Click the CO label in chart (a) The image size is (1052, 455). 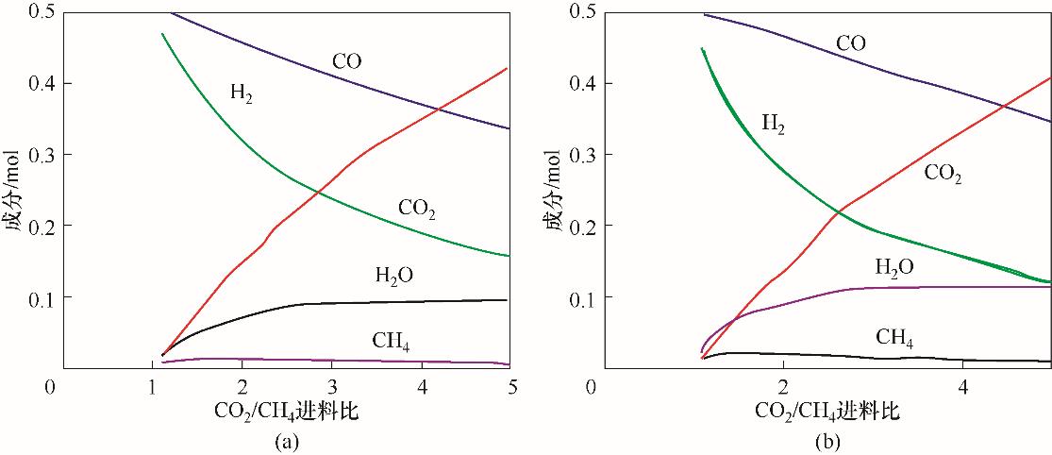346,63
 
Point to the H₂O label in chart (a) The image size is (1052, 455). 394,276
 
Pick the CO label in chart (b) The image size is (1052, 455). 850,43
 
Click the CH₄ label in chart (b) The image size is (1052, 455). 893,337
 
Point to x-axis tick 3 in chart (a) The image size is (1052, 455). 332,388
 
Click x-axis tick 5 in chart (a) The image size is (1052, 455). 510,388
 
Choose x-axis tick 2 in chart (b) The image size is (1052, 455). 782,388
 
